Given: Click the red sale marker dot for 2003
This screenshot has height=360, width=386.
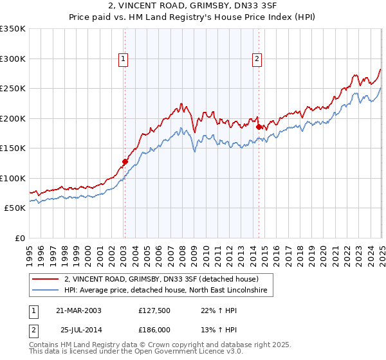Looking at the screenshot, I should coord(125,162).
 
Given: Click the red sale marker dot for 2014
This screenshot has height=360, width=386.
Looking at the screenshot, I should coord(258,127).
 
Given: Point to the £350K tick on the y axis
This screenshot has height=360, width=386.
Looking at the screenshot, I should coord(13,29).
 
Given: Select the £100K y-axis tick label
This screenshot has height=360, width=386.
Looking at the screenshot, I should coord(13,178).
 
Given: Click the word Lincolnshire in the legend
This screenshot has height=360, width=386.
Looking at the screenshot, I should coord(250,291).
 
